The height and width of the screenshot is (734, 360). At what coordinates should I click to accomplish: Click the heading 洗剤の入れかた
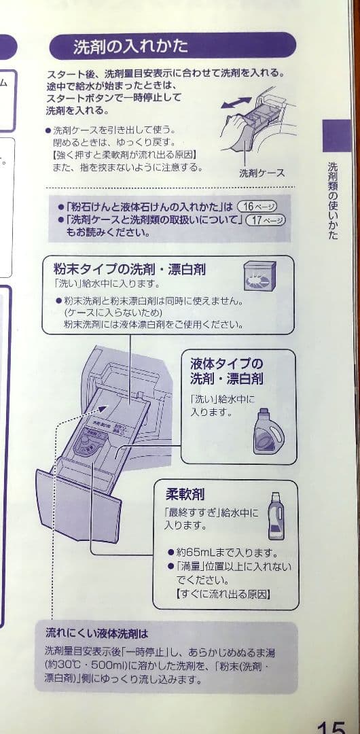point(130,47)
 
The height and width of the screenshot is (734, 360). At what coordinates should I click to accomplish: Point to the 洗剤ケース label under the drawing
point(262,173)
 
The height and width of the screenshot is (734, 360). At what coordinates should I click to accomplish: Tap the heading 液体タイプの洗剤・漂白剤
point(227,371)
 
